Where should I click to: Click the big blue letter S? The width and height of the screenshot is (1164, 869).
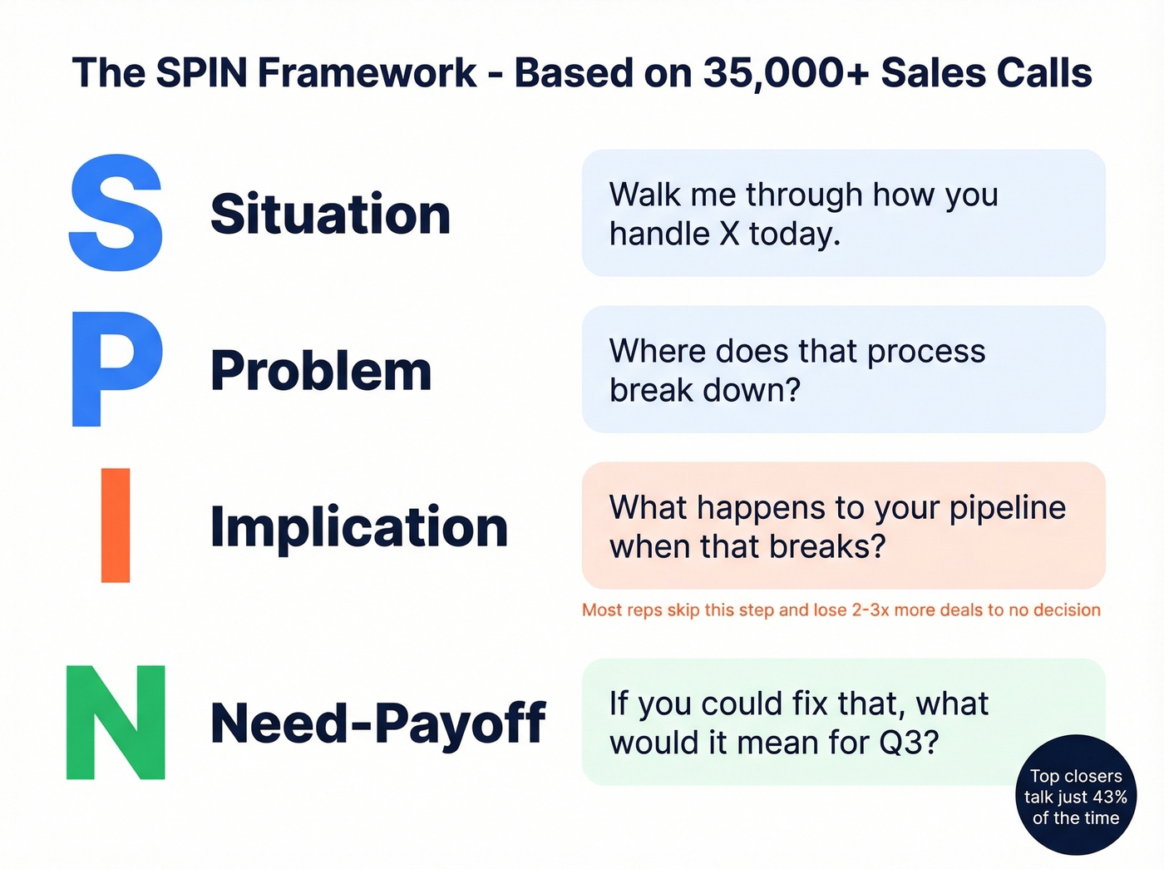click(x=116, y=213)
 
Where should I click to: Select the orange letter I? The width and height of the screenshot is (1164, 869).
click(x=116, y=525)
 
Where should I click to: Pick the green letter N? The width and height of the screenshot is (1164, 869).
click(x=116, y=723)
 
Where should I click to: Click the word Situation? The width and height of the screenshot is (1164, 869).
click(x=330, y=214)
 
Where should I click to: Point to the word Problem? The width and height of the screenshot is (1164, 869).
click(x=321, y=370)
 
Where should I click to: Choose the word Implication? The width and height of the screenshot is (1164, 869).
click(x=358, y=526)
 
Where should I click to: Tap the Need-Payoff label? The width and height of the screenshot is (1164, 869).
click(x=377, y=723)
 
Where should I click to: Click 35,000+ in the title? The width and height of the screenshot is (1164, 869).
click(x=786, y=73)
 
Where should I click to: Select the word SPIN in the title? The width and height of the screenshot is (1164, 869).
click(x=202, y=73)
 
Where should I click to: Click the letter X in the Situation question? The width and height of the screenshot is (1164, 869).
click(x=729, y=235)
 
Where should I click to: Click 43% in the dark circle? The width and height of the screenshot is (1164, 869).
click(x=1110, y=797)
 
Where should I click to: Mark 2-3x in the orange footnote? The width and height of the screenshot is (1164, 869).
click(x=871, y=610)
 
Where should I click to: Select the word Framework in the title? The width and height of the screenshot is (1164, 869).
click(x=367, y=73)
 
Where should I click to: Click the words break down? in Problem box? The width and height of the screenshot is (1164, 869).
click(x=704, y=390)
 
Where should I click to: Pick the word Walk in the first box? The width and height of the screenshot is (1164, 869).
click(x=644, y=195)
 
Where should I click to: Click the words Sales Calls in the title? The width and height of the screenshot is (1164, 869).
click(x=986, y=73)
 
